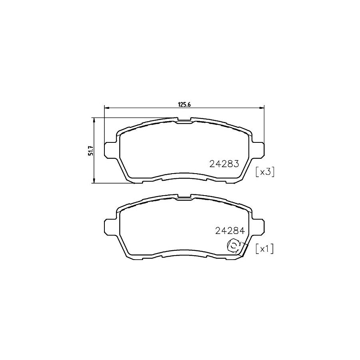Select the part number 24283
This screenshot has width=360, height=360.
[x=224, y=164]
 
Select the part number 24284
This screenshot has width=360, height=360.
[x=229, y=230]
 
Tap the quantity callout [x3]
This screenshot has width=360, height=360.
[x=264, y=172]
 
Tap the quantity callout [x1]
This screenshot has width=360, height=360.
[x=264, y=249]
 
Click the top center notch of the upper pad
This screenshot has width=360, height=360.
[x=184, y=120]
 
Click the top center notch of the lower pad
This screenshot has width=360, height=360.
[x=184, y=197]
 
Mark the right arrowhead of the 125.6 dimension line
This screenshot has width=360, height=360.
[x=262, y=107]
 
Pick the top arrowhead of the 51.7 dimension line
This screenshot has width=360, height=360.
[x=94, y=120]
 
